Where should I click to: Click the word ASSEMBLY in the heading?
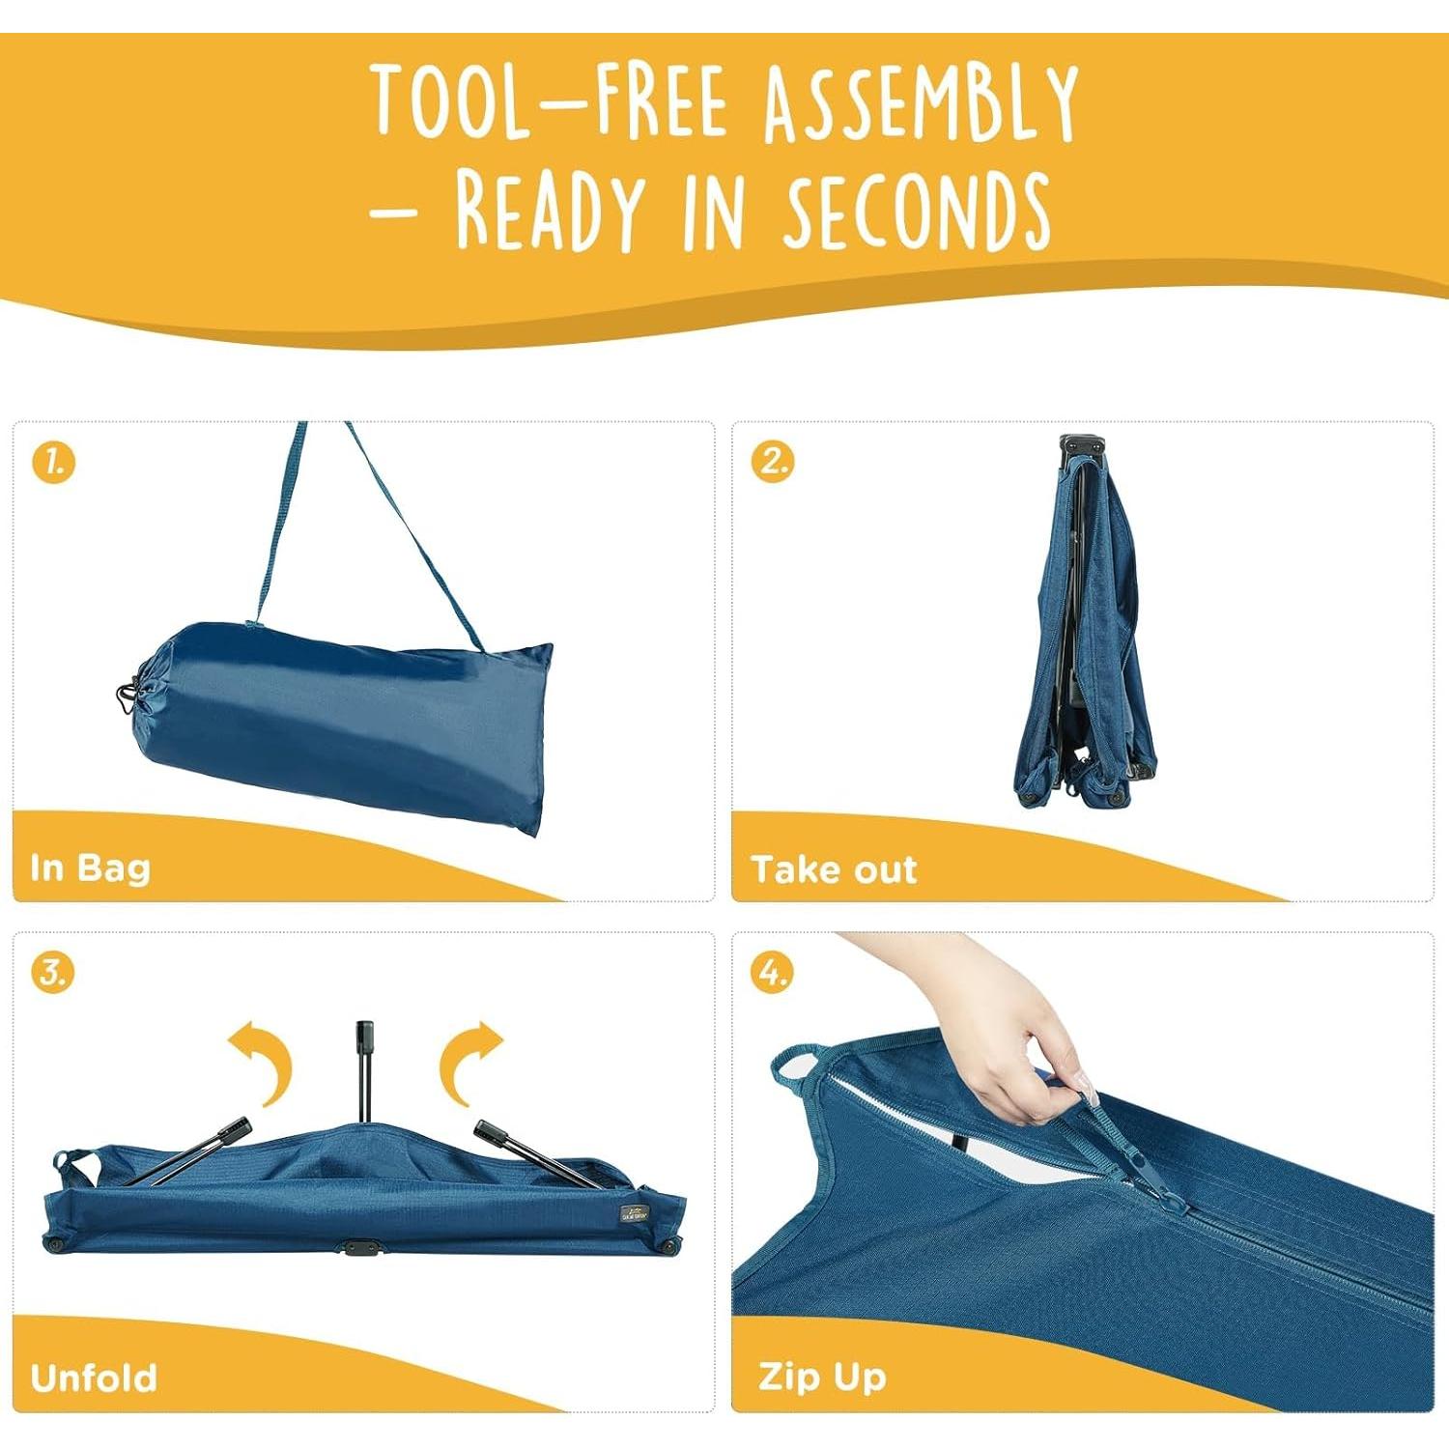[x=921, y=101]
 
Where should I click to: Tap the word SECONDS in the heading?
[x=916, y=211]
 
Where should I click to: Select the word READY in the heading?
[x=549, y=210]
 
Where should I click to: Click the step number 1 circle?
[x=53, y=462]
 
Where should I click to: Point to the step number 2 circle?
[x=773, y=462]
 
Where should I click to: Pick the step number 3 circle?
[x=53, y=972]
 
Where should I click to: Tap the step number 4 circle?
[x=773, y=972]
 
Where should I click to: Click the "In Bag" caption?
[x=91, y=867]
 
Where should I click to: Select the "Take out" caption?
[x=834, y=869]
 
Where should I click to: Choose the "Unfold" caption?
[x=94, y=1378]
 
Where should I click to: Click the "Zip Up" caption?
[x=822, y=1377]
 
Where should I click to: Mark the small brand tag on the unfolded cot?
[x=635, y=1213]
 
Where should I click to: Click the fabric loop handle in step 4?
[x=796, y=1065]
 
